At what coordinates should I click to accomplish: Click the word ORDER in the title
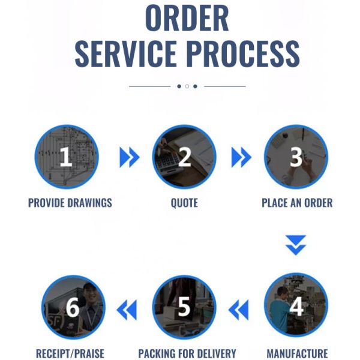point(187,18)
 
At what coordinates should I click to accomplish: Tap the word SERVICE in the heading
point(126,54)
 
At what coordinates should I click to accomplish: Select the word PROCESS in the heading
point(243,54)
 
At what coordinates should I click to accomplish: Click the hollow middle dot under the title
point(187,86)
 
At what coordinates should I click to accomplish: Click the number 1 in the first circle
point(65,157)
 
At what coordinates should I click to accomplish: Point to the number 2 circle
point(184,157)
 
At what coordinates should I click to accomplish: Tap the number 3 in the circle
point(296,157)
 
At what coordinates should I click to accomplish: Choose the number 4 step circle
point(296,305)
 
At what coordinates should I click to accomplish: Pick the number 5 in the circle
point(184,307)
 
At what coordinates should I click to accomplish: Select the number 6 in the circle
point(73,307)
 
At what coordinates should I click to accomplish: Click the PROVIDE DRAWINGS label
point(70,203)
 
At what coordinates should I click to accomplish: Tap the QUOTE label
point(184,203)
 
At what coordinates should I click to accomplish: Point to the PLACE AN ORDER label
point(297,203)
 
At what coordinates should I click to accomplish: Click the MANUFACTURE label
point(297,353)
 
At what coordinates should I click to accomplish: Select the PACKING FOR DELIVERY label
point(187,353)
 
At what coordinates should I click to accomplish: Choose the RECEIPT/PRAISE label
point(70,353)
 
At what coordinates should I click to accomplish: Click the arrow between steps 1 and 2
point(130,157)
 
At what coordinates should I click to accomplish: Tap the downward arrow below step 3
point(296,245)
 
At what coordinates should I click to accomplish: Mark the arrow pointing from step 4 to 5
point(239,310)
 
